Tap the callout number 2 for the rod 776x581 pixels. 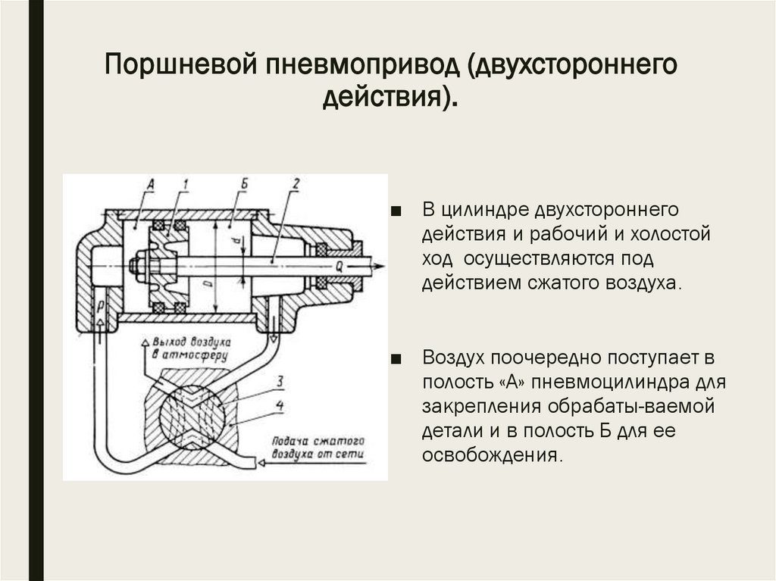pyautogui.click(x=296, y=183)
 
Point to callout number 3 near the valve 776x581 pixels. pyautogui.click(x=280, y=380)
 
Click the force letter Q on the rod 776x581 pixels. pyautogui.click(x=339, y=266)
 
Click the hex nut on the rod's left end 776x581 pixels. pyautogui.click(x=136, y=266)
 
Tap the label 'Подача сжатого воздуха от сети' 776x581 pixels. pyautogui.click(x=311, y=448)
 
